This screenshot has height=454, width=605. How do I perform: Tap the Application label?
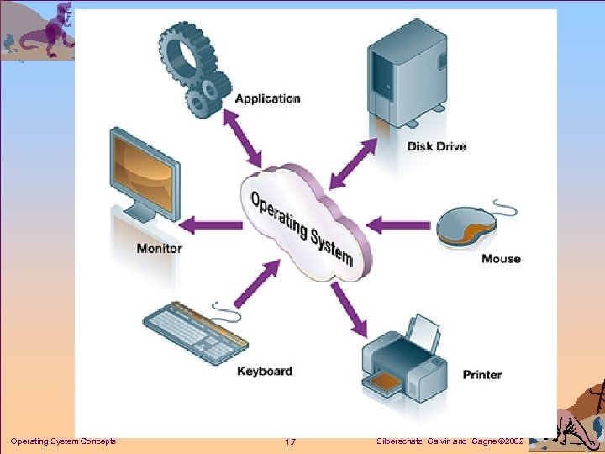click(x=267, y=99)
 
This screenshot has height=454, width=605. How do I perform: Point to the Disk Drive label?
click(x=436, y=146)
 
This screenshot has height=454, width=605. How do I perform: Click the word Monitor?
click(x=159, y=248)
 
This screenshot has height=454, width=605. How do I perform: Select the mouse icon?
click(x=471, y=228)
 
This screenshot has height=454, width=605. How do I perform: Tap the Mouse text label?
click(x=501, y=259)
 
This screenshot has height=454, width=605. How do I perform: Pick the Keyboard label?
click(x=264, y=371)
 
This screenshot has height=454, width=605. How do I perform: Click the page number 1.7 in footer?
click(x=290, y=441)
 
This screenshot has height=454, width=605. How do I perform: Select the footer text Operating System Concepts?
click(x=63, y=441)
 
